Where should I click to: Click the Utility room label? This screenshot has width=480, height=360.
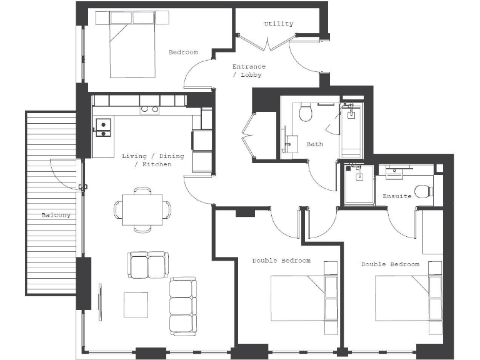point(278,24)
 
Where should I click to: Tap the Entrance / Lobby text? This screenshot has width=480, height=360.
point(249,71)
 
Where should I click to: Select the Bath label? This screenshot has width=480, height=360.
point(315,144)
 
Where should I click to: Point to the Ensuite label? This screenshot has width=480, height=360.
point(397,196)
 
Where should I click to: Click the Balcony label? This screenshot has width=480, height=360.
point(56,216)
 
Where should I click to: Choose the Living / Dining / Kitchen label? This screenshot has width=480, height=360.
point(153,160)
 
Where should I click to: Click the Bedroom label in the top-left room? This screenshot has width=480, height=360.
point(183,52)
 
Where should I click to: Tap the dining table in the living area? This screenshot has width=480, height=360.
point(142,209)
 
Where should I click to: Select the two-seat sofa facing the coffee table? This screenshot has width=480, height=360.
point(148,265)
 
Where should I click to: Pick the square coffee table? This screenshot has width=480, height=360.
point(136,304)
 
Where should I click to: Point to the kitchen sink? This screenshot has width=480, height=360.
point(102,127)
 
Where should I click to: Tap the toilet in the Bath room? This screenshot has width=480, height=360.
point(306,113)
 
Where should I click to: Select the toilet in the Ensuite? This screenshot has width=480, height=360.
point(424,191)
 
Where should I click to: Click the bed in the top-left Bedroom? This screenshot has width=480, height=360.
point(132,47)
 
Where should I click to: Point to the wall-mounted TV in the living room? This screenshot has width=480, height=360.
point(100,302)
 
